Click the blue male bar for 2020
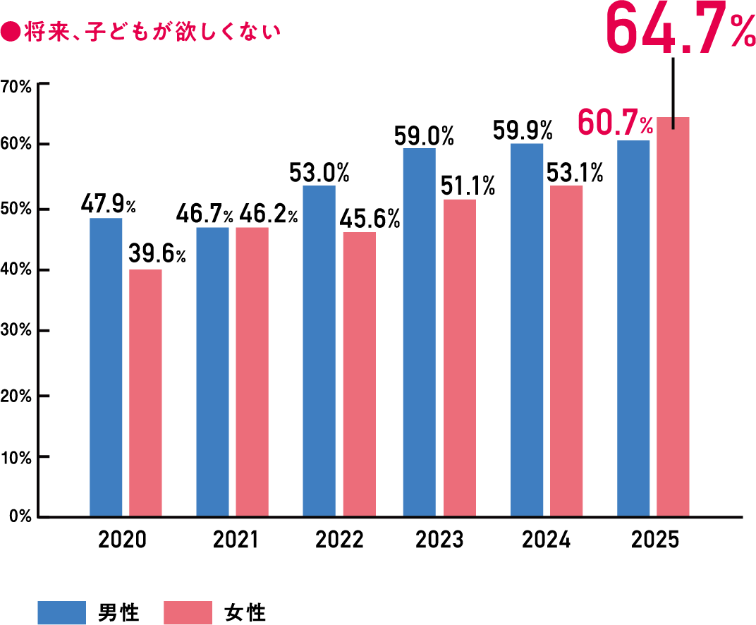tap(106, 367)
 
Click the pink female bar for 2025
tap(673, 317)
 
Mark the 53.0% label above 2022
tap(319, 172)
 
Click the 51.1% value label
tap(467, 186)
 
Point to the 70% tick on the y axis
tap(17, 86)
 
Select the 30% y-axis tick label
tap(17, 331)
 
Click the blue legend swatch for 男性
tap(61, 612)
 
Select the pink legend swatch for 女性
tap(188, 612)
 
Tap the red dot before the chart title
tap(10, 32)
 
